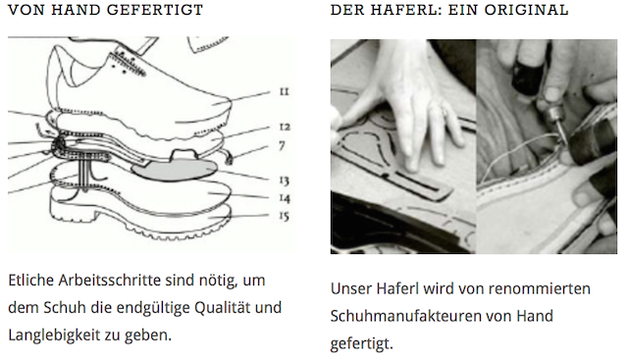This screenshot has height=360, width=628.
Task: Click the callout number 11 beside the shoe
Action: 284,91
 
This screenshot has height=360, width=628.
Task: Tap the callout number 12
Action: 285,127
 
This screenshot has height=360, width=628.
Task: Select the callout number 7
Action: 282,146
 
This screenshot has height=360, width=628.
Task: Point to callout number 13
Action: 284,180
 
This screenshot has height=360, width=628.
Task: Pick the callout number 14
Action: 285,198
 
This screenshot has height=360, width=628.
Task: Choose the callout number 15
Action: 284,216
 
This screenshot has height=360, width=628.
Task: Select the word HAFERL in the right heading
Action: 403,10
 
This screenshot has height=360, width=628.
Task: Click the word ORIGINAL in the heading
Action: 526,10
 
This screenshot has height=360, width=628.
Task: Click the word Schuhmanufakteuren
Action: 405,316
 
